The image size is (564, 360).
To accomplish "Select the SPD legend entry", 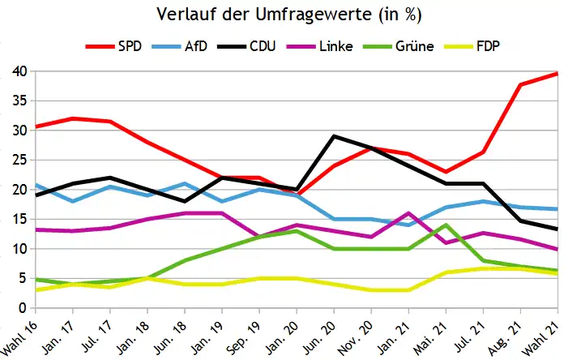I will click(x=129, y=45).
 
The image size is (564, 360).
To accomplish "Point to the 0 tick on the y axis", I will click(x=24, y=308).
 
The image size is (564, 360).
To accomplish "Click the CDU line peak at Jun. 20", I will click(x=334, y=136).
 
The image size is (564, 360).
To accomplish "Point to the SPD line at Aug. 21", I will click(x=520, y=84).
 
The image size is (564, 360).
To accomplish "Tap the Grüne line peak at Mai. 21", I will click(x=446, y=225).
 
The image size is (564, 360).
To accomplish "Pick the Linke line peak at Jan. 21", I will click(x=408, y=213).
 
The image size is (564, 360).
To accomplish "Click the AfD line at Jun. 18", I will click(x=185, y=183).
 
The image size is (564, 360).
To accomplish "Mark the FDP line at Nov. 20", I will click(x=371, y=290).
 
